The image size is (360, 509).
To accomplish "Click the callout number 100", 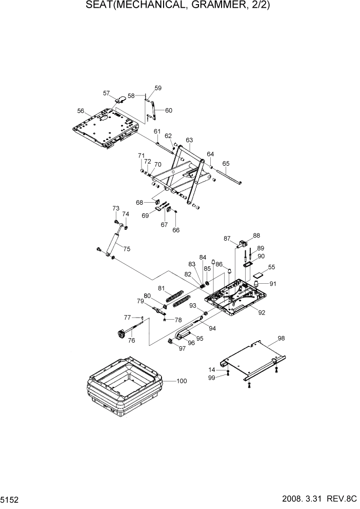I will [x=182, y=381].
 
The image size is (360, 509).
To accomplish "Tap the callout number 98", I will [x=281, y=338].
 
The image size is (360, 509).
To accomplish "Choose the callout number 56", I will [x=81, y=111].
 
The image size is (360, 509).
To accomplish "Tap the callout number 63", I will [x=189, y=140].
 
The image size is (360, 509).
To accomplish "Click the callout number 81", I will [x=161, y=288].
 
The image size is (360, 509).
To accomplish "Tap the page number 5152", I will [x=10, y=499].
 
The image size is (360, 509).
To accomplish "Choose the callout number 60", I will [x=168, y=110].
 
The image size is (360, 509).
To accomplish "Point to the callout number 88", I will [x=256, y=236].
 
